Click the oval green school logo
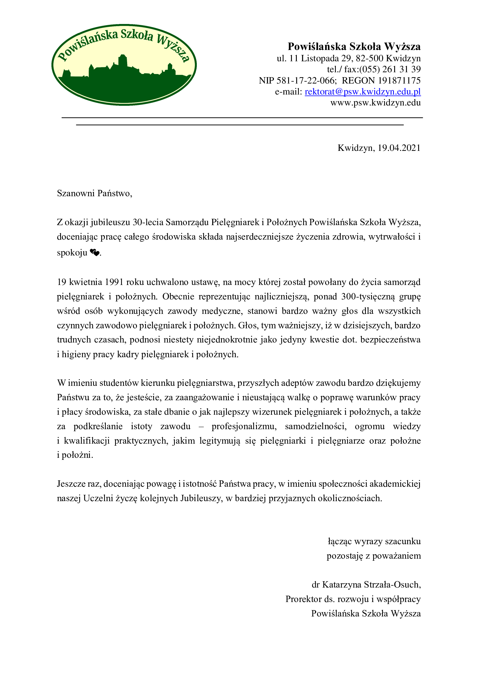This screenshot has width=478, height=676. click(x=124, y=65)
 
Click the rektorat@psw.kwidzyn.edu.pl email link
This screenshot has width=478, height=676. click(x=362, y=92)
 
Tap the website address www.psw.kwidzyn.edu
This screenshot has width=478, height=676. click(x=375, y=103)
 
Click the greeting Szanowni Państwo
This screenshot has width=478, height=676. click(x=94, y=193)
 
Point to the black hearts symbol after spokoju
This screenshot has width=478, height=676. click(x=95, y=252)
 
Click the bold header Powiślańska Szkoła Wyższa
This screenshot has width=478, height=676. click(x=354, y=47)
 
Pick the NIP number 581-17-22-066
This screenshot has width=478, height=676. click(x=305, y=81)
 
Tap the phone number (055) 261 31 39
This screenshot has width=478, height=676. click(x=390, y=69)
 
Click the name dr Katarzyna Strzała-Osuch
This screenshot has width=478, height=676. click(x=366, y=585)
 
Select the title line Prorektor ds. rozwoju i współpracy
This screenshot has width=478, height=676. click(x=353, y=599)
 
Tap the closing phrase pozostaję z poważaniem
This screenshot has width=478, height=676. click(x=373, y=556)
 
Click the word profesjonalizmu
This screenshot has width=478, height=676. click(x=244, y=426)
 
